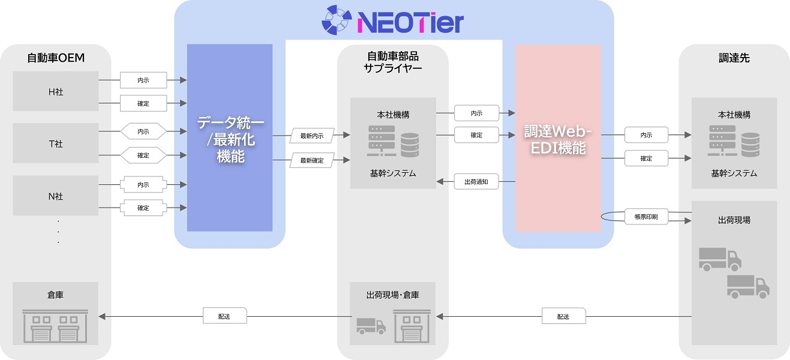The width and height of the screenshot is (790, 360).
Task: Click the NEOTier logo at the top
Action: point(393,22)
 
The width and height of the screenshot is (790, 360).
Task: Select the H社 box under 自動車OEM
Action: point(56,92)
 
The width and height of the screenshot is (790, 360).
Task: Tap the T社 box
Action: point(56,144)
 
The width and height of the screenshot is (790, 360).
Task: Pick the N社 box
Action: point(56,196)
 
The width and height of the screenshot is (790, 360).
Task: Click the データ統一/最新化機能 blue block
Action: point(230,138)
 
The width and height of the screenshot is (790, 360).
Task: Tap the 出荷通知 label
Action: point(476,182)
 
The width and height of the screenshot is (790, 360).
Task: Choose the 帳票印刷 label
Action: point(646,217)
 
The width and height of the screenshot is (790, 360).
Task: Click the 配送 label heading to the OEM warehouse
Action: point(224,315)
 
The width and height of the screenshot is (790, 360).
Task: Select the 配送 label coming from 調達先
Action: point(563,316)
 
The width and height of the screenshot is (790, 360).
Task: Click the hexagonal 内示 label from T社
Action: point(143,131)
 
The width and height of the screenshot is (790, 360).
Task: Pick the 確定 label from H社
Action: point(143,104)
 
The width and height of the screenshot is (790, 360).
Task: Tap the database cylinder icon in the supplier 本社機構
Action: point(410,145)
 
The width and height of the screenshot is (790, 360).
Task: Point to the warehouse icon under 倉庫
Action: point(56,326)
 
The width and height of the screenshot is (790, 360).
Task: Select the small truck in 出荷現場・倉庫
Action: point(371,325)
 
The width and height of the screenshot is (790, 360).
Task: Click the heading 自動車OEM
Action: point(56,58)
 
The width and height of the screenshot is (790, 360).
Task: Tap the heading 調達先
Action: point(734,58)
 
